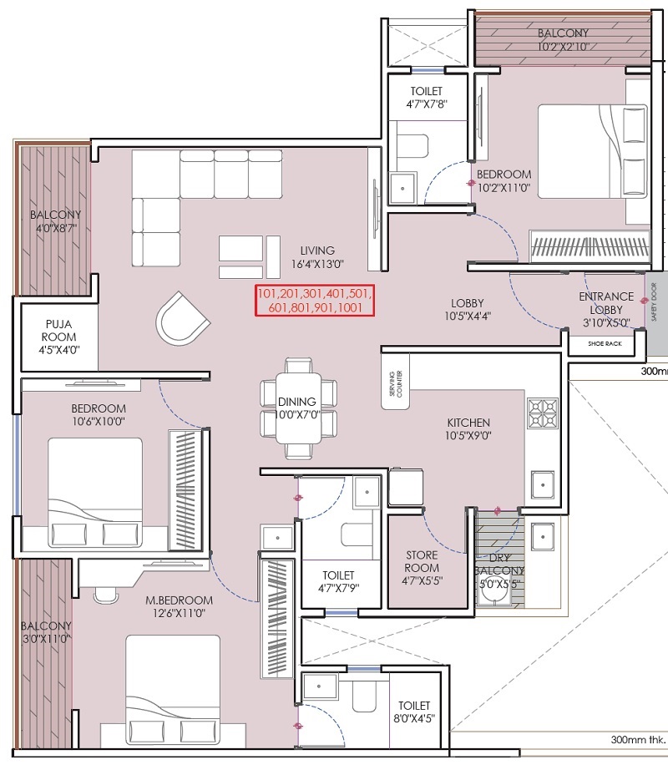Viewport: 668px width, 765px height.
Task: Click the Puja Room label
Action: (58, 330)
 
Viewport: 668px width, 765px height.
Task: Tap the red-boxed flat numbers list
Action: (315, 301)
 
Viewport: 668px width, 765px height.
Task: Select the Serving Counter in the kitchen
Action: (396, 383)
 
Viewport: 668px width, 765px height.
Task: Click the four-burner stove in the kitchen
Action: (543, 413)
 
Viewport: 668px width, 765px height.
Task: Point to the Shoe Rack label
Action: (605, 343)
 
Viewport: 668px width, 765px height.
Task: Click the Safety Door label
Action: (654, 302)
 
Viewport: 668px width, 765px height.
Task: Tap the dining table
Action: (298, 408)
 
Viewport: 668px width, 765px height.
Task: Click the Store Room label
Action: (421, 561)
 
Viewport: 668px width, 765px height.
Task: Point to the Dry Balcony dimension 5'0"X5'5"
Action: (499, 584)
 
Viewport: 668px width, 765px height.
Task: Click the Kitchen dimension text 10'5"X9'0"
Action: (468, 436)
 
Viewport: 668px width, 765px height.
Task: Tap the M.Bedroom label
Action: (179, 600)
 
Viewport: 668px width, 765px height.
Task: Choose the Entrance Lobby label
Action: (606, 303)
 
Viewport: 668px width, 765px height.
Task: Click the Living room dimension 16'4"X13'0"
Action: (317, 265)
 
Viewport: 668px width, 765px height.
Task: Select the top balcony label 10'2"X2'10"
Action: (563, 47)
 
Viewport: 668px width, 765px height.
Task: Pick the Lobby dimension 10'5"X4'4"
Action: (467, 317)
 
